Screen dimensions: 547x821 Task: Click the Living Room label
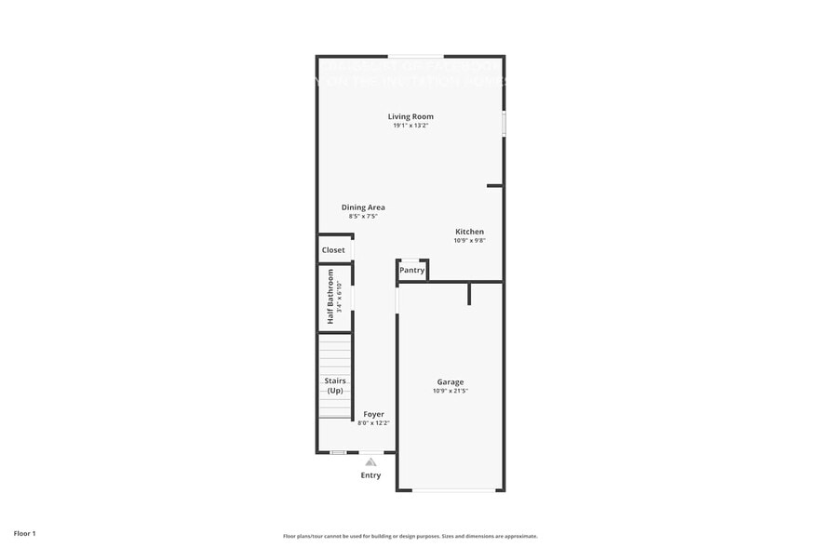coord(410,116)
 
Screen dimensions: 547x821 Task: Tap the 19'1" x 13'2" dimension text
coord(410,126)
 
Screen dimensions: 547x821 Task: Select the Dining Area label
coord(363,207)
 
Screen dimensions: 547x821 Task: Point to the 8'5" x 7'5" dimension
coord(363,217)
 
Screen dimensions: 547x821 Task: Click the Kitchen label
coord(469,232)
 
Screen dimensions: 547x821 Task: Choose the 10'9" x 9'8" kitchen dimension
coord(469,241)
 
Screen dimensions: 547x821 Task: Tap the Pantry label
coord(411,271)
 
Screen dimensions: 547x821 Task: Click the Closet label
coord(333,250)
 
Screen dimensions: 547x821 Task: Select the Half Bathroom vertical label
coord(330,297)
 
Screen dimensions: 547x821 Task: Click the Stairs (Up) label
coord(334,385)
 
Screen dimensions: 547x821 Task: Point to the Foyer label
coord(373,414)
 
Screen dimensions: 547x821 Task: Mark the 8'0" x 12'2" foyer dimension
coord(373,423)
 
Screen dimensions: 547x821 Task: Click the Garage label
coord(451,381)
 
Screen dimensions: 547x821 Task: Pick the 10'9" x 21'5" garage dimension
coord(451,391)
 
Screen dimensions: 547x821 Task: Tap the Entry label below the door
coord(370,475)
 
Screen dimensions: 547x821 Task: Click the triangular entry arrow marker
coord(370,461)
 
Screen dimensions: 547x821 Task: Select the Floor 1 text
coord(24,534)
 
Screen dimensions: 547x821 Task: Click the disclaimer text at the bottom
coord(410,536)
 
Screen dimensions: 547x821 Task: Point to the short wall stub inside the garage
coord(470,294)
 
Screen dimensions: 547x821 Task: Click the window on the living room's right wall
coord(504,125)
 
